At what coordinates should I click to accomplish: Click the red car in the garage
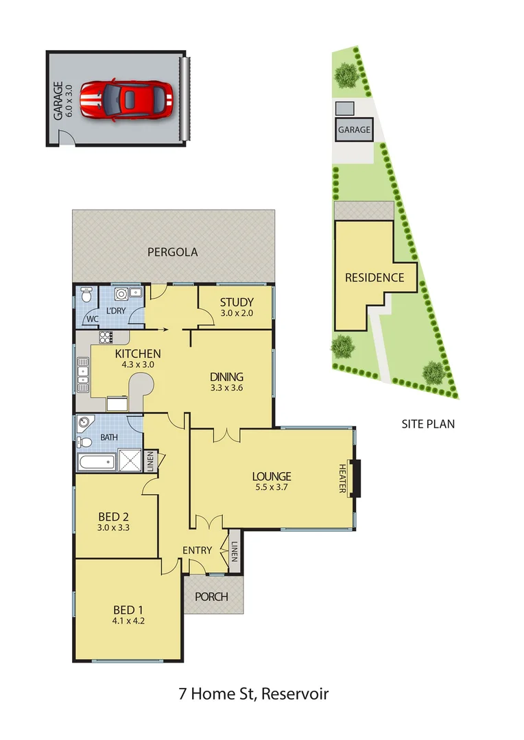tap(126, 100)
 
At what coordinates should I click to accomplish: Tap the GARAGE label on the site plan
tap(354, 129)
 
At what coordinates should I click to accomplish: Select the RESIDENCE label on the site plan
tap(374, 277)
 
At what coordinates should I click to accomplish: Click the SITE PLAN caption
tap(428, 424)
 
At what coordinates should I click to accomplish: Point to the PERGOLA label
tap(173, 252)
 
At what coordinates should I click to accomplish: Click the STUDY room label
tap(237, 302)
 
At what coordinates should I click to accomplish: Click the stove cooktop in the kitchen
tap(106, 336)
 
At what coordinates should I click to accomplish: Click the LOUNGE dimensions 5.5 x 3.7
tap(272, 489)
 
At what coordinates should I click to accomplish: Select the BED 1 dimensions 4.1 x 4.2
tap(128, 621)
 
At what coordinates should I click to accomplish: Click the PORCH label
tap(211, 597)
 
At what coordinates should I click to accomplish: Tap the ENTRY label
tap(197, 550)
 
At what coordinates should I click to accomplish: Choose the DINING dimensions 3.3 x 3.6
tap(227, 388)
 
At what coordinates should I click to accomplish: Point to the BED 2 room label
tap(114, 517)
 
